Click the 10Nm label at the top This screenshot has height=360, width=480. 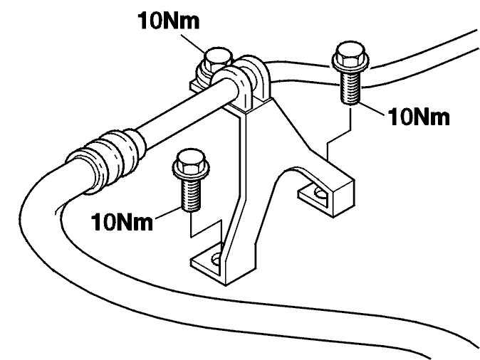pos(169,21)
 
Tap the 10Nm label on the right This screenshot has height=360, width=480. pos(419,117)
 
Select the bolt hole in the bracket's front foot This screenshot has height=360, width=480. pos(216,260)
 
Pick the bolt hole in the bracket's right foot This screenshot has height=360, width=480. pos(320,193)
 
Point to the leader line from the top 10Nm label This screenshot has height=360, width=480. pos(192,43)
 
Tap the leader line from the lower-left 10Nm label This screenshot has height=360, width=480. pos(168,213)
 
